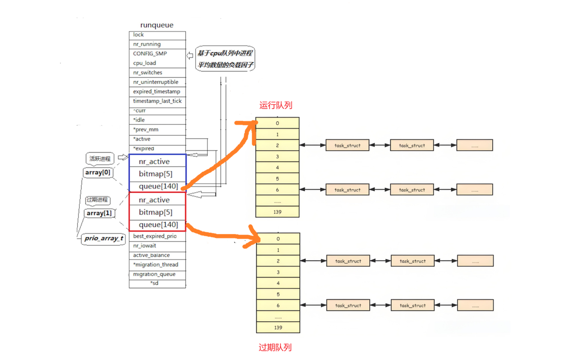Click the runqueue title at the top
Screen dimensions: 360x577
156,25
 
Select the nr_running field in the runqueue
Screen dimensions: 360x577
147,44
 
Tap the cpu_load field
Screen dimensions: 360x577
145,63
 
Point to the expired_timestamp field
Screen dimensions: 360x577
156,92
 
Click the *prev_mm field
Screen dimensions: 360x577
146,129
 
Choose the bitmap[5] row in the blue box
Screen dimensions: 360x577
156,174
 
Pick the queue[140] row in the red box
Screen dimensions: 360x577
158,225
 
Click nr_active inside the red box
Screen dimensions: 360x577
154,200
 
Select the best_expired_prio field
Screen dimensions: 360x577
155,236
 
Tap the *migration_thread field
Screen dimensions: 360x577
156,265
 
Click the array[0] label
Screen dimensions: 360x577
98,172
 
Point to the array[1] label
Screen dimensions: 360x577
99,213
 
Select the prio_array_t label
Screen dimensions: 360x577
103,239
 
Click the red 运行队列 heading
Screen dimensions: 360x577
276,106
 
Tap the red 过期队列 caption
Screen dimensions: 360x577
275,347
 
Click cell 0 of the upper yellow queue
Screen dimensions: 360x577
277,123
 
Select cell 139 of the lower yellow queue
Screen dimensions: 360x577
278,328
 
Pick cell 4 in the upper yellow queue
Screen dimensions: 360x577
277,167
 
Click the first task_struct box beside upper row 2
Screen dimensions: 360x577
348,145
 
